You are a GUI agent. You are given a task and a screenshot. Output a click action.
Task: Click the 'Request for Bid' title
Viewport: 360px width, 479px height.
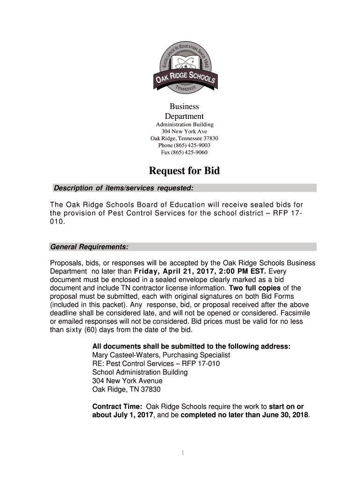(184, 171)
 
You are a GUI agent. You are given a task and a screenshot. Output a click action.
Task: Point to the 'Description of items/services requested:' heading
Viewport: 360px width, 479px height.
(123, 188)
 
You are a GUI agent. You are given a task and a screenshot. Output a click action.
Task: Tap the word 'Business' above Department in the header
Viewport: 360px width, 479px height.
(184, 107)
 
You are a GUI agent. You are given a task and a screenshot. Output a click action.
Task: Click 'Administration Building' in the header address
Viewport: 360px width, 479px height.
(184, 124)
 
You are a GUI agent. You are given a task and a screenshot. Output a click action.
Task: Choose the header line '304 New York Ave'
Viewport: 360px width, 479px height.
(184, 131)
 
